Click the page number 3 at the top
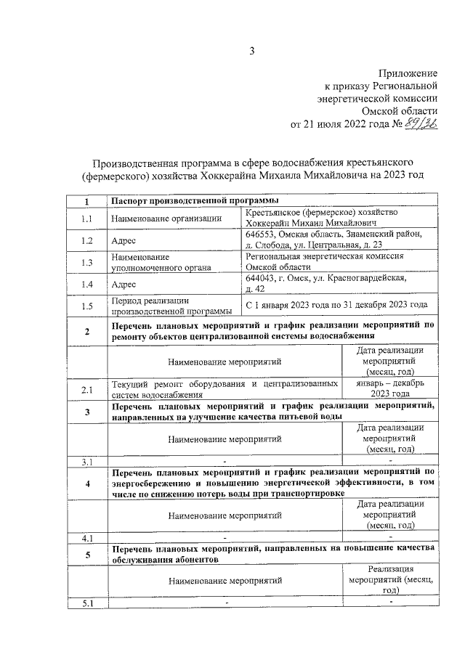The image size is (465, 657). tap(251, 50)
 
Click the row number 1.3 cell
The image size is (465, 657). tap(86, 262)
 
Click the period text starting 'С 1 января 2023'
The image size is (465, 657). tap(336, 306)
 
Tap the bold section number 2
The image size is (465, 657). tap(86, 332)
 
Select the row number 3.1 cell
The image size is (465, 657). tap(86, 462)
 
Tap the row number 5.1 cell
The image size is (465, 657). tap(86, 603)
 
